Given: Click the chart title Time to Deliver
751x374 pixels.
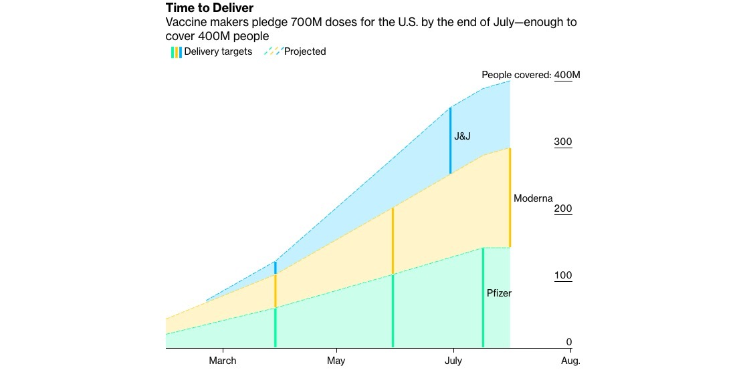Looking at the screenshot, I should pyautogui.click(x=209, y=8).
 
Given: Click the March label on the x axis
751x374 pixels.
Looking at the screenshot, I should pyautogui.click(x=222, y=361).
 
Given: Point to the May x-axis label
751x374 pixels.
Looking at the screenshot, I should pyautogui.click(x=336, y=361).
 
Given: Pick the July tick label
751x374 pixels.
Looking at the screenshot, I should pyautogui.click(x=453, y=361).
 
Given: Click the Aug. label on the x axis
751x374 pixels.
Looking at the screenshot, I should pyautogui.click(x=570, y=361).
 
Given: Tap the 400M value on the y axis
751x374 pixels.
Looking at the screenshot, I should pyautogui.click(x=568, y=75).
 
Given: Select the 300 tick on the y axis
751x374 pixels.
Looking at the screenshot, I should pyautogui.click(x=563, y=142).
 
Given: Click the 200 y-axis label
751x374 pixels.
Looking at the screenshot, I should pyautogui.click(x=563, y=209).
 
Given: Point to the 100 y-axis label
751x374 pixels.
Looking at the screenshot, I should pyautogui.click(x=563, y=276).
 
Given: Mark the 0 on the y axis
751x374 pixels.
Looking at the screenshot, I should pyautogui.click(x=569, y=342).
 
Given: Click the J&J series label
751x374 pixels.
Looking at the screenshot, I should pyautogui.click(x=462, y=136).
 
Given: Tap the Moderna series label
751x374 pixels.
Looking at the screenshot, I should pyautogui.click(x=533, y=198).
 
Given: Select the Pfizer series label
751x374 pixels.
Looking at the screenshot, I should pyautogui.click(x=499, y=293).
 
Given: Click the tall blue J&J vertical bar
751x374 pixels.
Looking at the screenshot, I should pyautogui.click(x=451, y=140).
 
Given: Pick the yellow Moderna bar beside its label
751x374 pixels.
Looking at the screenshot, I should pyautogui.click(x=510, y=198).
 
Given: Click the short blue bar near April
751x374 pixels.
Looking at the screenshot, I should pyautogui.click(x=275, y=268).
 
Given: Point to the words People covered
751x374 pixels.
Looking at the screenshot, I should pyautogui.click(x=516, y=75).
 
